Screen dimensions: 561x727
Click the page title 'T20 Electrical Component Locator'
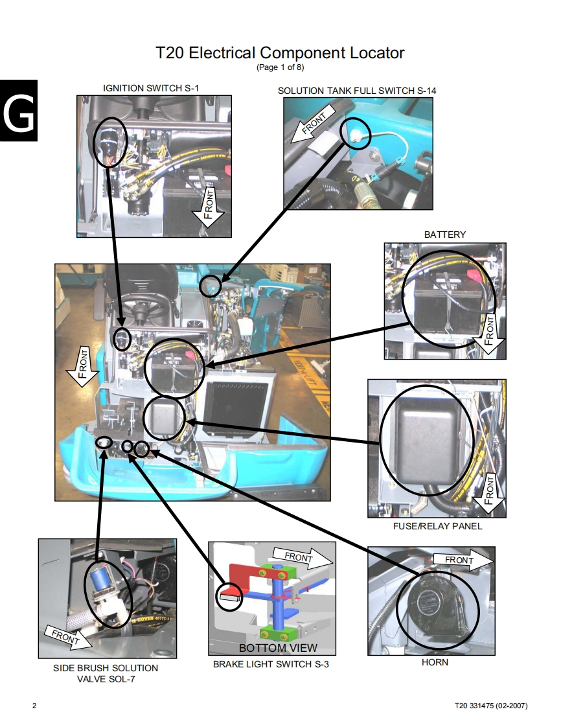click(x=280, y=52)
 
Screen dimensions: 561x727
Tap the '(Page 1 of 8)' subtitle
click(x=280, y=67)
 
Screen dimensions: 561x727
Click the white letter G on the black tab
click(x=19, y=111)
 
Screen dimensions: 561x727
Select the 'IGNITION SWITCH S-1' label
click(x=151, y=88)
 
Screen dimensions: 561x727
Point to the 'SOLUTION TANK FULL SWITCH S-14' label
click(x=357, y=91)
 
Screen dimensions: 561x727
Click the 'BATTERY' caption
click(x=445, y=235)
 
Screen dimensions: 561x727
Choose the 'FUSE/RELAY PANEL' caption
click(x=438, y=526)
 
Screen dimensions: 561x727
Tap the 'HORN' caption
click(x=435, y=663)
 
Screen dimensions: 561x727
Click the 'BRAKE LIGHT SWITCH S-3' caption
click(x=271, y=664)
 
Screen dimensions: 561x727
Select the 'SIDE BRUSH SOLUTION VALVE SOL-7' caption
click(x=106, y=674)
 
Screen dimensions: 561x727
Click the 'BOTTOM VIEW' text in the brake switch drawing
click(x=278, y=648)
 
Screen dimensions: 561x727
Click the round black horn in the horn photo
click(x=435, y=606)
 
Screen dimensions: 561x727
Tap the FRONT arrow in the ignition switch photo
click(x=209, y=207)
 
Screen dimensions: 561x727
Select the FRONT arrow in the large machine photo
click(x=82, y=367)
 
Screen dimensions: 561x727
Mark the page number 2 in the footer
click(x=34, y=706)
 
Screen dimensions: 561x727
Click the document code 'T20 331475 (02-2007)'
click(x=491, y=706)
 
